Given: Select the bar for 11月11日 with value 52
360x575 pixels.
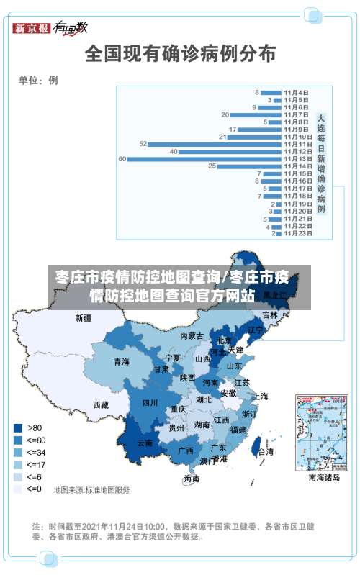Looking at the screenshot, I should click(215, 144).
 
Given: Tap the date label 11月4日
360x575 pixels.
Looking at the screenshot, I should click(296, 92).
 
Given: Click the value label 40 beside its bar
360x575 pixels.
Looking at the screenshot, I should click(174, 151).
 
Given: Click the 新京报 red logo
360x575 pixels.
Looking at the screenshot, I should click(32, 29).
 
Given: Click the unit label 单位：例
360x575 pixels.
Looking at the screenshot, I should click(38, 81).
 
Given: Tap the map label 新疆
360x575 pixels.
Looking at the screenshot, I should click(84, 317).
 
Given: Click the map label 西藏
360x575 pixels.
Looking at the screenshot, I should click(100, 405).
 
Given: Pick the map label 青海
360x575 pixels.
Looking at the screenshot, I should click(121, 362).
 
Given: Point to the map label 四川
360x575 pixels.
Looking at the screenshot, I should click(149, 403).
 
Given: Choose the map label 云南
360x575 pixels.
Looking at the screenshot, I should click(144, 443).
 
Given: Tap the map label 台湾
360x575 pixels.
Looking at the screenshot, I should click(265, 452).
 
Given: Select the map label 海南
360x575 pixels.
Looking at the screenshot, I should click(192, 479).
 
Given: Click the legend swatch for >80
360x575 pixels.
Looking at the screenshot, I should click(17, 427).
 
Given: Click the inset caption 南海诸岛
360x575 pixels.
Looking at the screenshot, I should click(323, 476).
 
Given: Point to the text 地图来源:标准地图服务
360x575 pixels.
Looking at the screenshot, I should click(91, 490).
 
